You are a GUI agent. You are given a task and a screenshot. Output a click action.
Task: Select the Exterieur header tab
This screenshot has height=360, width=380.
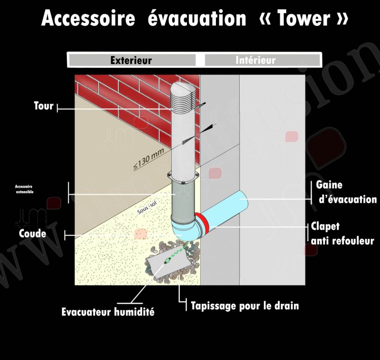tap(131, 60)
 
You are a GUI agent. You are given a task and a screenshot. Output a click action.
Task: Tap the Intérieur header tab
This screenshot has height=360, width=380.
tap(256, 60)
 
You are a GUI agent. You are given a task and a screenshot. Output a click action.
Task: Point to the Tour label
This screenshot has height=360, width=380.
tap(44, 106)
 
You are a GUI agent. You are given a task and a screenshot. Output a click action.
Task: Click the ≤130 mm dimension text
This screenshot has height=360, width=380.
tap(149, 158)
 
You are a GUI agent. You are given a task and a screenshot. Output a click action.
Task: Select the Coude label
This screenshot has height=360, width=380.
tap(33, 234)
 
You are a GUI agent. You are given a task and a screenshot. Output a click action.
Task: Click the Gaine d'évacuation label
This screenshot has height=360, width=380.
tap(346, 192)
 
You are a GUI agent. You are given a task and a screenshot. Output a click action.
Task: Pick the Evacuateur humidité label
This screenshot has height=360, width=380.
tap(108, 312)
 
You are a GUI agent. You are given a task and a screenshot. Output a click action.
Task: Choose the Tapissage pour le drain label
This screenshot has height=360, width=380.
tap(245, 306)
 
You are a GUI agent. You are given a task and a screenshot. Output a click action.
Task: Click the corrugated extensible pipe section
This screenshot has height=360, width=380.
tap(184, 200)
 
